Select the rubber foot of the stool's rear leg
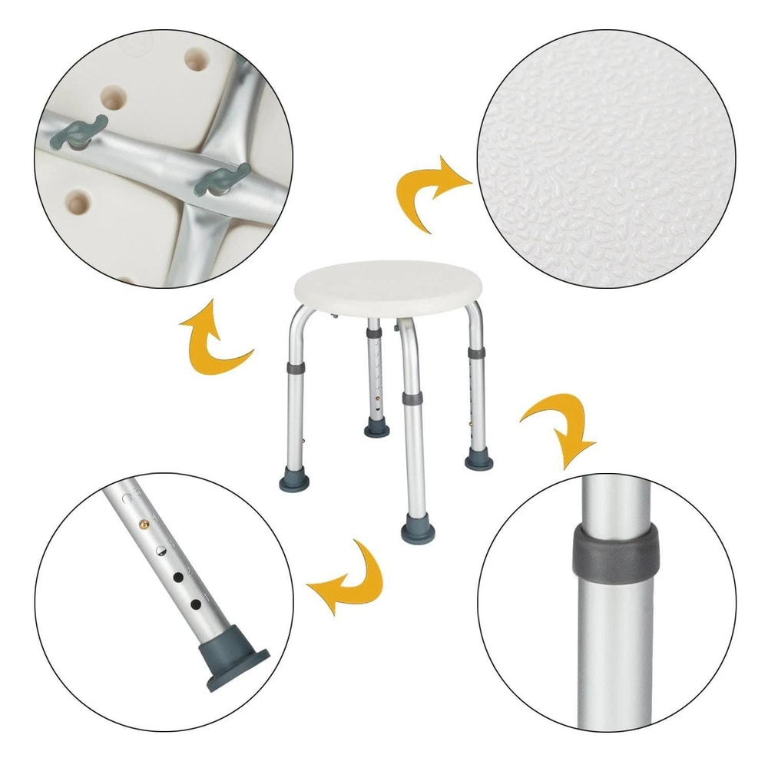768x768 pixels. (x=376, y=427)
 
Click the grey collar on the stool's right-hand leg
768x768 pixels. (x=476, y=353)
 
